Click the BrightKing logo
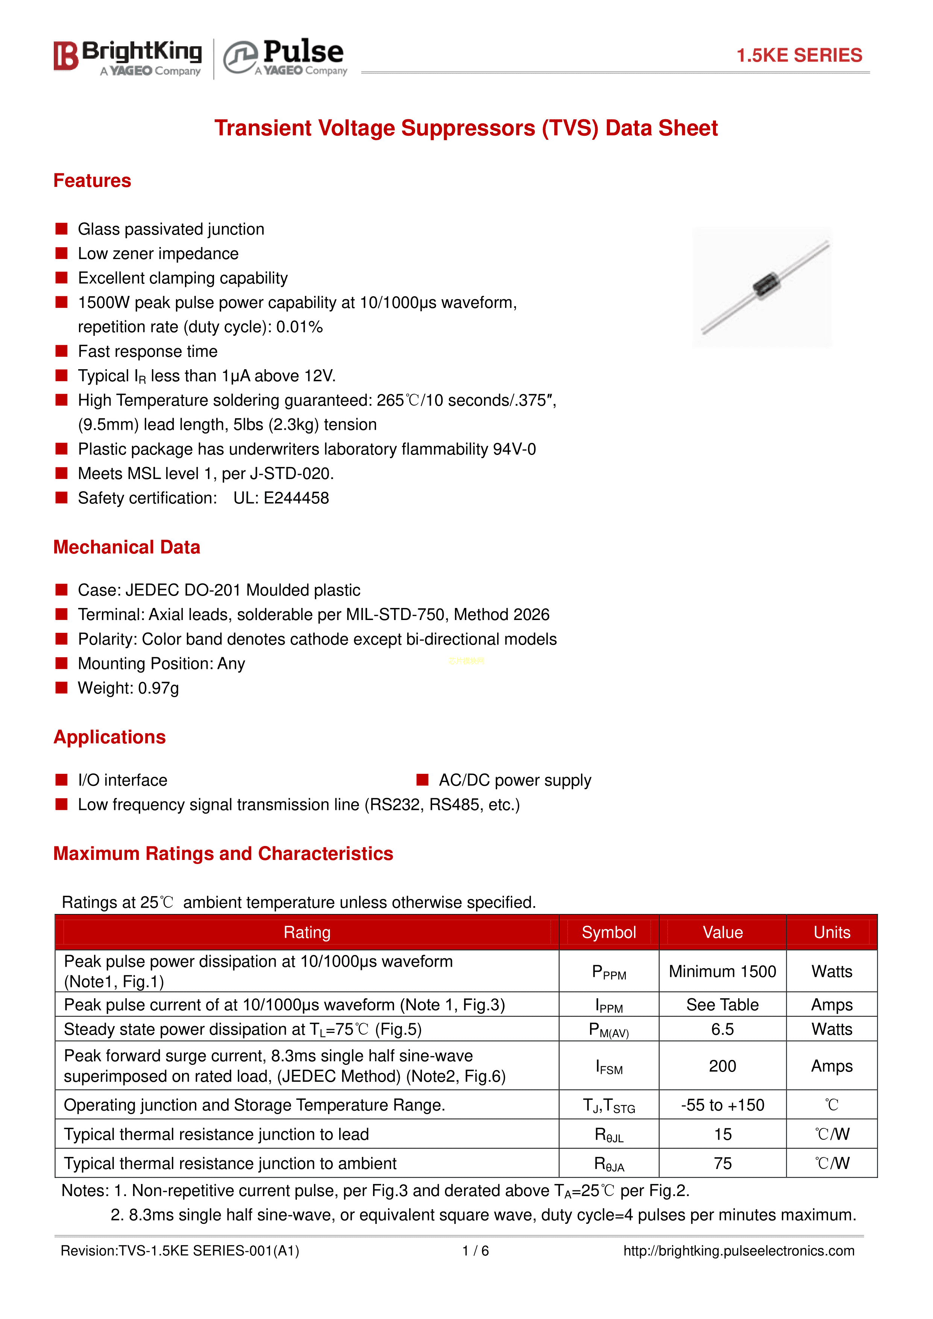coord(127,58)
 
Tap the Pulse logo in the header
coord(285,58)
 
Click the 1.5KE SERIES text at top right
coord(799,55)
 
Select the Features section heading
coord(92,181)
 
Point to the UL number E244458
coord(296,498)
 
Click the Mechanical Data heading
coord(126,547)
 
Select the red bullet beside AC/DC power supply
coord(422,779)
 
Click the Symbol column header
coord(608,932)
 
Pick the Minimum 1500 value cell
coord(722,972)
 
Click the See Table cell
coord(722,1005)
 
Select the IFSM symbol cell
coord(608,1067)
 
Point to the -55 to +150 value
coord(722,1105)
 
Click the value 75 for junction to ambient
coord(722,1163)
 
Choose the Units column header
coord(831,932)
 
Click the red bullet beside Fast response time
coord(61,351)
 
